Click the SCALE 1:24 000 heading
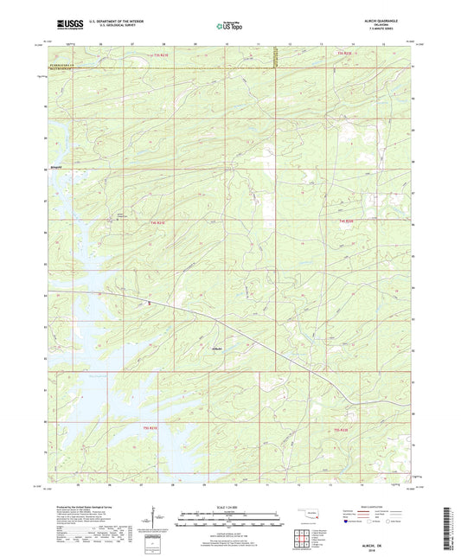point(230,506)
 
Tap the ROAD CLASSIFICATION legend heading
point(371,504)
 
